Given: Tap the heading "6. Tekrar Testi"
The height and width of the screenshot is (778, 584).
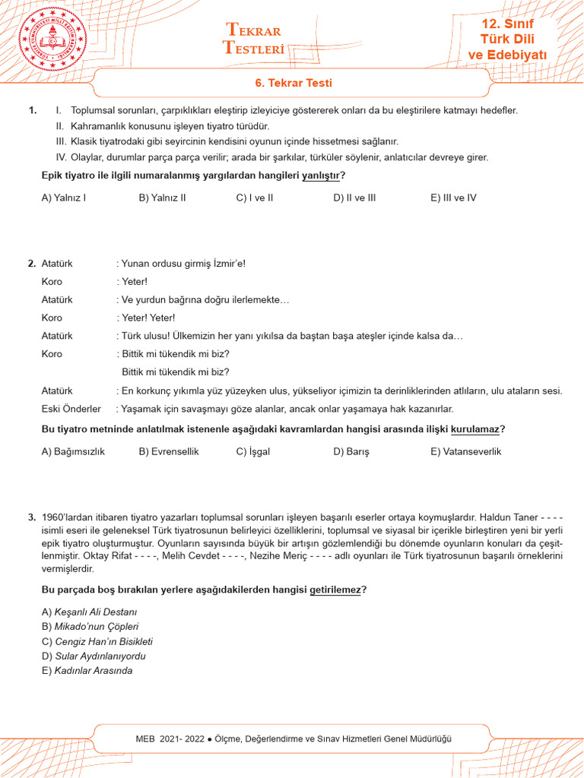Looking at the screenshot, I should (x=293, y=83).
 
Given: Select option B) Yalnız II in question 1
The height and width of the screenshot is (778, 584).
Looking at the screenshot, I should (x=162, y=198).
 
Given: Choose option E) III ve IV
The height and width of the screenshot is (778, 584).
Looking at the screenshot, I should (x=453, y=198).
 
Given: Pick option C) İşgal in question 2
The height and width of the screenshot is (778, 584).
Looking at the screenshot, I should (x=252, y=451).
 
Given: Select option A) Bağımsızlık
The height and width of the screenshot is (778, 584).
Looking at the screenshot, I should (x=73, y=451).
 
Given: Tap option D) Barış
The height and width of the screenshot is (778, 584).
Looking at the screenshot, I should (x=351, y=451).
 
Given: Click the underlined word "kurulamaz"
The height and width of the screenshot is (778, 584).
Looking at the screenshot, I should (x=475, y=430).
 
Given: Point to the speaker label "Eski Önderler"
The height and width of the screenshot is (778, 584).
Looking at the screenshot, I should (x=71, y=409).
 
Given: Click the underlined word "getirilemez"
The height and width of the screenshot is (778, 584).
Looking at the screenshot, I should (x=335, y=590).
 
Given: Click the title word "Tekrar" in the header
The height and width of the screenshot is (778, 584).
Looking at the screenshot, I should (x=254, y=30).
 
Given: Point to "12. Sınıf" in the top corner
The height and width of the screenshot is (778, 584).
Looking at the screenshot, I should (x=507, y=24).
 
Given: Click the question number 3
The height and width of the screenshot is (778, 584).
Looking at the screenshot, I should (x=32, y=517).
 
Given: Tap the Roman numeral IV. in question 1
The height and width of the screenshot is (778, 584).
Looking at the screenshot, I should (x=62, y=157).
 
